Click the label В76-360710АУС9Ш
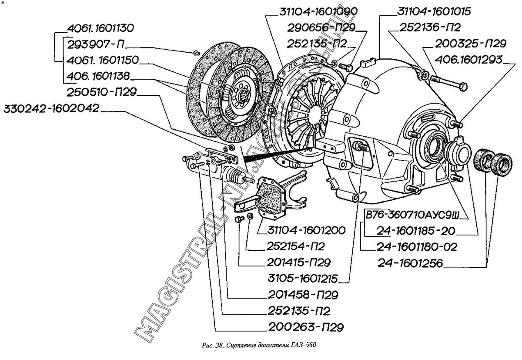(x=415, y=215)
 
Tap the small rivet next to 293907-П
(x=196, y=53)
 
